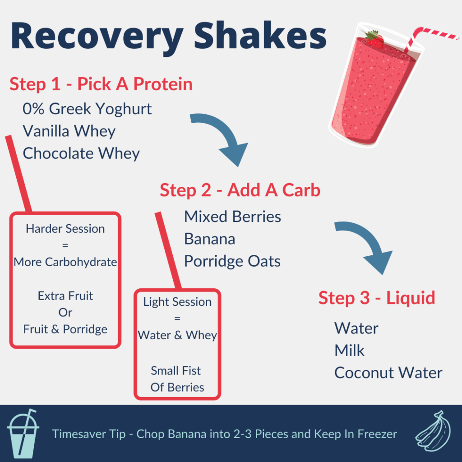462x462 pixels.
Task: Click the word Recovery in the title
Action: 90,37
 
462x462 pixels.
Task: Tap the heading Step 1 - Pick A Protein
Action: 101,84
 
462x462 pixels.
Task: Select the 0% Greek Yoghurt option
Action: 87,109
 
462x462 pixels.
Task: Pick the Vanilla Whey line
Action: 69,131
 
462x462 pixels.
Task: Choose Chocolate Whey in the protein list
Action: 81,153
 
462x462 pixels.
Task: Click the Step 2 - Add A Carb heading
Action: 240,190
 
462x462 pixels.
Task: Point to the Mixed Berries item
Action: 232,217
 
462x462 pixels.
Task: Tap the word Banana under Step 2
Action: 209,239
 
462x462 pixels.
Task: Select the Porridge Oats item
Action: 232,261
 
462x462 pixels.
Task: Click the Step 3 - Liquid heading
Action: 377,298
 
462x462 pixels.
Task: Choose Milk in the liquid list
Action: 349,351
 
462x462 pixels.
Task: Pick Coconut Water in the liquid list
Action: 388,373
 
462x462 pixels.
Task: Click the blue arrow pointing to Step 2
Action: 223,138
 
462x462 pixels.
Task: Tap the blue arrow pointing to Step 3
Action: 368,246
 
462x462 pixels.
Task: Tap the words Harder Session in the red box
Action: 65,229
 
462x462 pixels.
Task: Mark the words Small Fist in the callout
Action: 176,371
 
